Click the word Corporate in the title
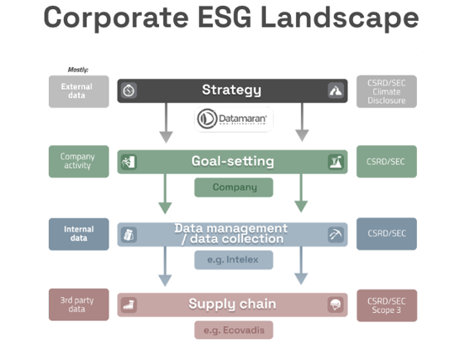(110, 19)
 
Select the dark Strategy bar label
(231, 90)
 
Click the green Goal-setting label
(232, 162)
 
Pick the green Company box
(234, 187)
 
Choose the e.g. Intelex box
(234, 260)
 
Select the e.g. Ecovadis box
(234, 330)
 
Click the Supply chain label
(232, 304)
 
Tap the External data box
(77, 90)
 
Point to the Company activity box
(77, 162)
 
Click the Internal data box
(78, 233)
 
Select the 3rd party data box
(77, 304)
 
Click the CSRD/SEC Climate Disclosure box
(386, 91)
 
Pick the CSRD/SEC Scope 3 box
(386, 304)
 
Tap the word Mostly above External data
(78, 70)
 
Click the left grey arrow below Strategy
(166, 122)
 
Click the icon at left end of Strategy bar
(128, 90)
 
